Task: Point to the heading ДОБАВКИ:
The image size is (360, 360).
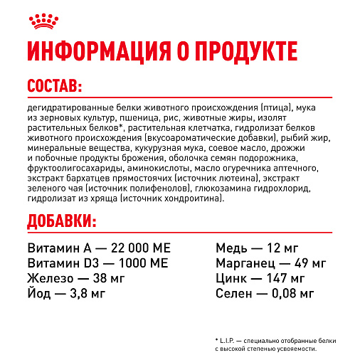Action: pyautogui.click(x=61, y=222)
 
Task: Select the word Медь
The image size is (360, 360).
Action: pyautogui.click(x=231, y=248)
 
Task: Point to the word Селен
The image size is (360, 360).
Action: pyautogui.click(x=234, y=293)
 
